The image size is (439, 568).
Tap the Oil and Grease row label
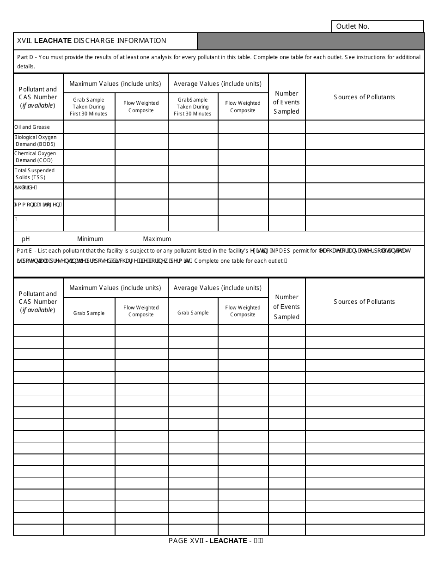pyautogui.click(x=32, y=127)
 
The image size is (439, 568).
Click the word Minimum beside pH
pyautogui.click(x=90, y=239)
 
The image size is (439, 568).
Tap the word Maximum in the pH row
pyautogui.click(x=157, y=239)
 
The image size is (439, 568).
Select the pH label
pyautogui.click(x=26, y=239)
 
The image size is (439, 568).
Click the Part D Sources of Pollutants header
pyautogui.click(x=364, y=97)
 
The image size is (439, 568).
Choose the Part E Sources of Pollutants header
pyautogui.click(x=364, y=302)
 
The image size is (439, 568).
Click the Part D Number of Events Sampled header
pyautogui.click(x=287, y=102)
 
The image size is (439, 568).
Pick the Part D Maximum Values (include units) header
pyautogui.click(x=115, y=84)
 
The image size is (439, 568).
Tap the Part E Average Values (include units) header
pyautogui.click(x=218, y=288)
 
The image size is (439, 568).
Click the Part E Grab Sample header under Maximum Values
pyautogui.click(x=89, y=313)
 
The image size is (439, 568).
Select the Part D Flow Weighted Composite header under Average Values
pyautogui.click(x=243, y=107)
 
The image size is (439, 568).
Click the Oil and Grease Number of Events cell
pyautogui.click(x=287, y=127)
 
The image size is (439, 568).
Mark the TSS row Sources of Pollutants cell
pyautogui.click(x=364, y=174)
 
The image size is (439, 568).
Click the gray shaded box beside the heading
pyautogui.click(x=310, y=41)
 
